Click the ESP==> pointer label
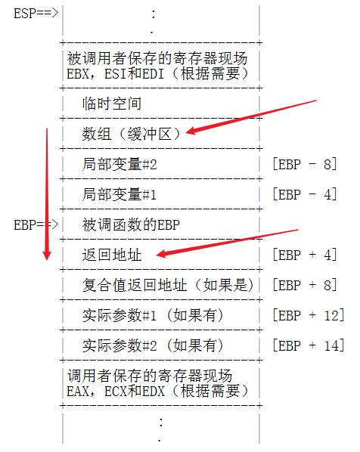[x=36, y=14]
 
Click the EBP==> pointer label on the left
[x=36, y=224]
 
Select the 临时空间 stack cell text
[x=112, y=104]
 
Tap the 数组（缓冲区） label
[x=132, y=134]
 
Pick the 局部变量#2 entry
[x=119, y=164]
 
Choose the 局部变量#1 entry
[x=119, y=194]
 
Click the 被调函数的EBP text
[x=131, y=224]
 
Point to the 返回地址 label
[x=112, y=255]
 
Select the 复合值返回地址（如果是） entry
[x=168, y=285]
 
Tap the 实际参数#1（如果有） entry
[x=153, y=315]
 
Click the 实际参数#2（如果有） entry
[x=153, y=345]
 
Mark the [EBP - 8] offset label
[x=305, y=164]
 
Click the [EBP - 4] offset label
[x=305, y=194]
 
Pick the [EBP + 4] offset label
[x=305, y=255]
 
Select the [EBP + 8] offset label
[x=305, y=285]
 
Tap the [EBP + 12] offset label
[x=309, y=315]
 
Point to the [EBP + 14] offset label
[x=309, y=345]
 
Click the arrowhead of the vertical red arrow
[x=47, y=259]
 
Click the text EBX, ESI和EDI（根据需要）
[x=158, y=74]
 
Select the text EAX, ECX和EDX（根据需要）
[x=158, y=392]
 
